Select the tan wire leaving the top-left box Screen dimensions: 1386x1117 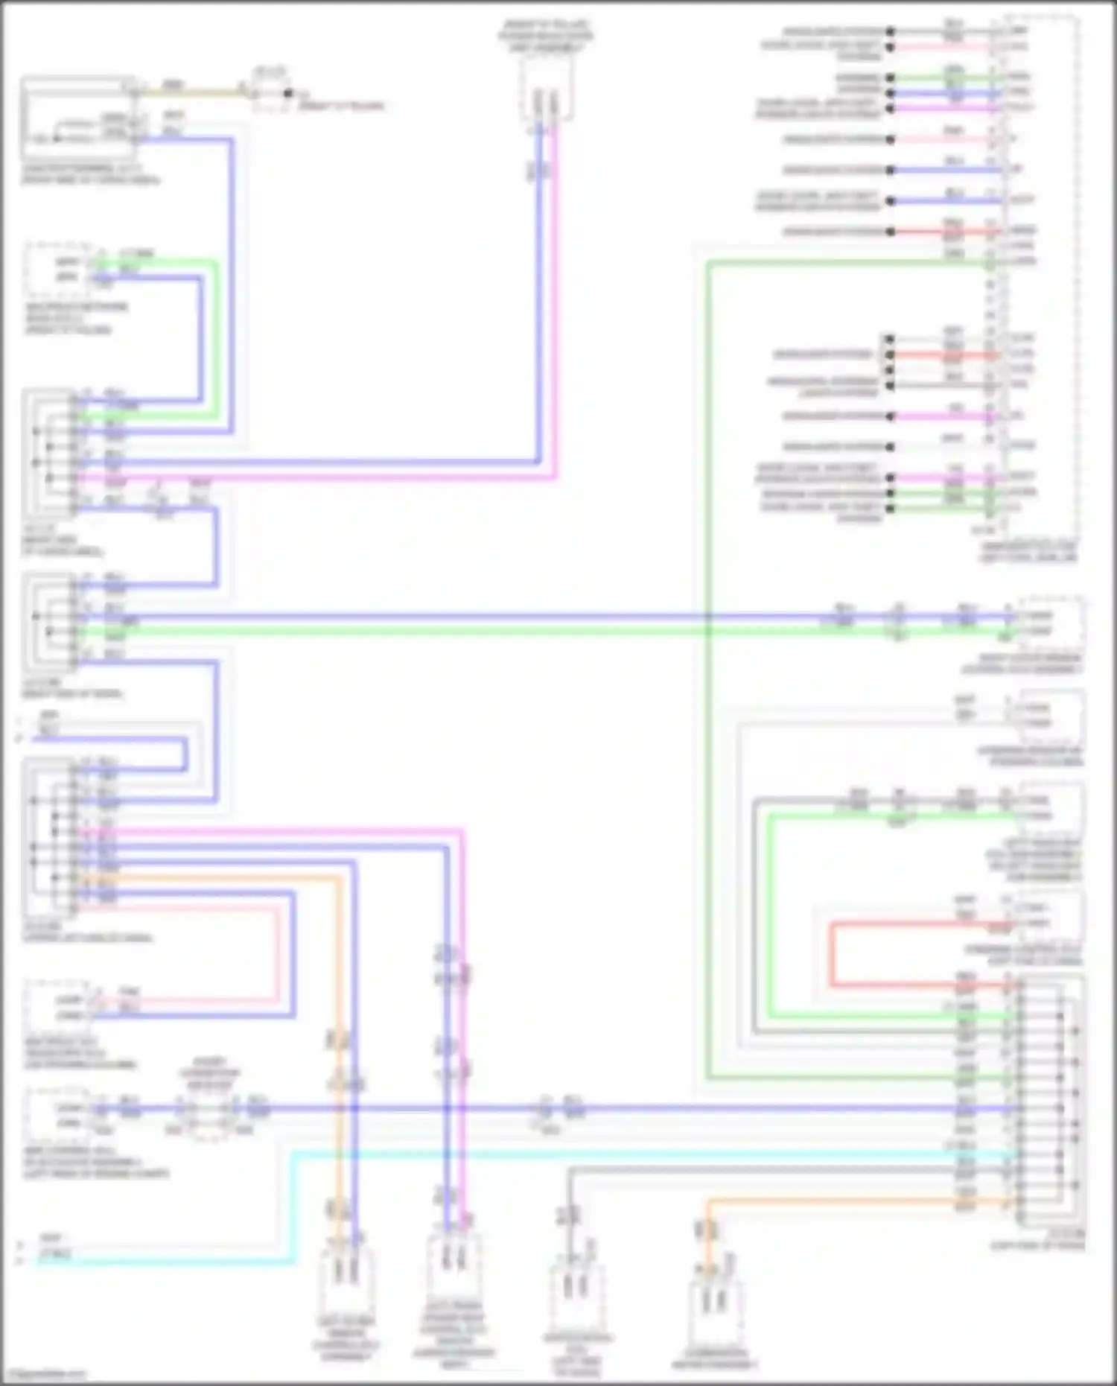tap(194, 93)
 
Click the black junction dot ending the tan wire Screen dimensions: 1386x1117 tap(288, 94)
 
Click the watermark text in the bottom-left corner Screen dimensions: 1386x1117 tap(45, 1375)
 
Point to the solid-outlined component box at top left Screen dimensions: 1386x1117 tap(77, 115)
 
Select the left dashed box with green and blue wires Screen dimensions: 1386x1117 tap(60, 270)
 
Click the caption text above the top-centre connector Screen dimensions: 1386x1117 tap(547, 36)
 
